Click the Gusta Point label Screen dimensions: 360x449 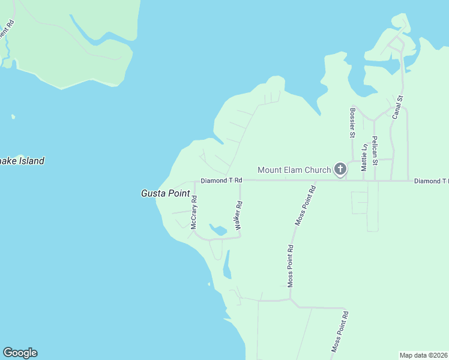tap(165, 193)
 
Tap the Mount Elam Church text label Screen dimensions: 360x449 tap(294, 170)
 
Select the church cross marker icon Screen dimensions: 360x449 tap(340, 169)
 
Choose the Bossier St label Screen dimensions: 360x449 tap(352, 122)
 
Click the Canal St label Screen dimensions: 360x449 tap(397, 107)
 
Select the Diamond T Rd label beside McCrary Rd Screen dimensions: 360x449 tap(221, 180)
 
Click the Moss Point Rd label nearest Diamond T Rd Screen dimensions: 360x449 tap(305, 206)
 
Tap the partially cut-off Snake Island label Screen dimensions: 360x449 tap(22, 161)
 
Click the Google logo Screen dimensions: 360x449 tap(20, 353)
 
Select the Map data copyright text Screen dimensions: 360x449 tap(423, 355)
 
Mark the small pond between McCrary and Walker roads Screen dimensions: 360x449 tap(217, 230)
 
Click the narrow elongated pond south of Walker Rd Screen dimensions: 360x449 tap(227, 265)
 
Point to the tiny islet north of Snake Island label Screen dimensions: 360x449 tap(13, 116)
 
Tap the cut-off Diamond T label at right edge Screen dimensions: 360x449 tap(431, 181)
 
